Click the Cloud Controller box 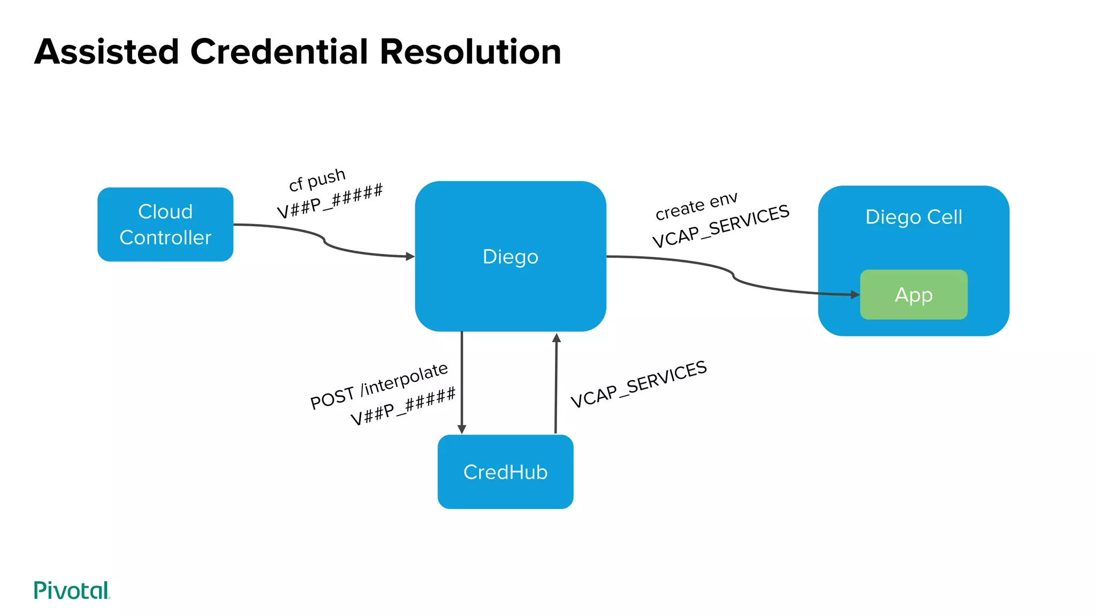pos(165,225)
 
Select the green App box pos(914,295)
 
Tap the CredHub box pos(505,472)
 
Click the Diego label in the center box pos(510,257)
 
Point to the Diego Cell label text pos(914,217)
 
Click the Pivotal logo pos(72,590)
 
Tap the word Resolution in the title pos(470,52)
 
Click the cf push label pos(317,180)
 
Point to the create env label pos(696,206)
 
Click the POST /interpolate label pos(379,386)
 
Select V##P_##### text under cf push pos(330,201)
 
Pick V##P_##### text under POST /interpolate pos(403,406)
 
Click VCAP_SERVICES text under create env pos(720,226)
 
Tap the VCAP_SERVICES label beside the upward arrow pos(638,384)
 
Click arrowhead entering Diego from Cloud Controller pos(410,257)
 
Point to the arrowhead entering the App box pos(855,295)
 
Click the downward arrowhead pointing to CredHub pos(462,429)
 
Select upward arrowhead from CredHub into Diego pos(557,338)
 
